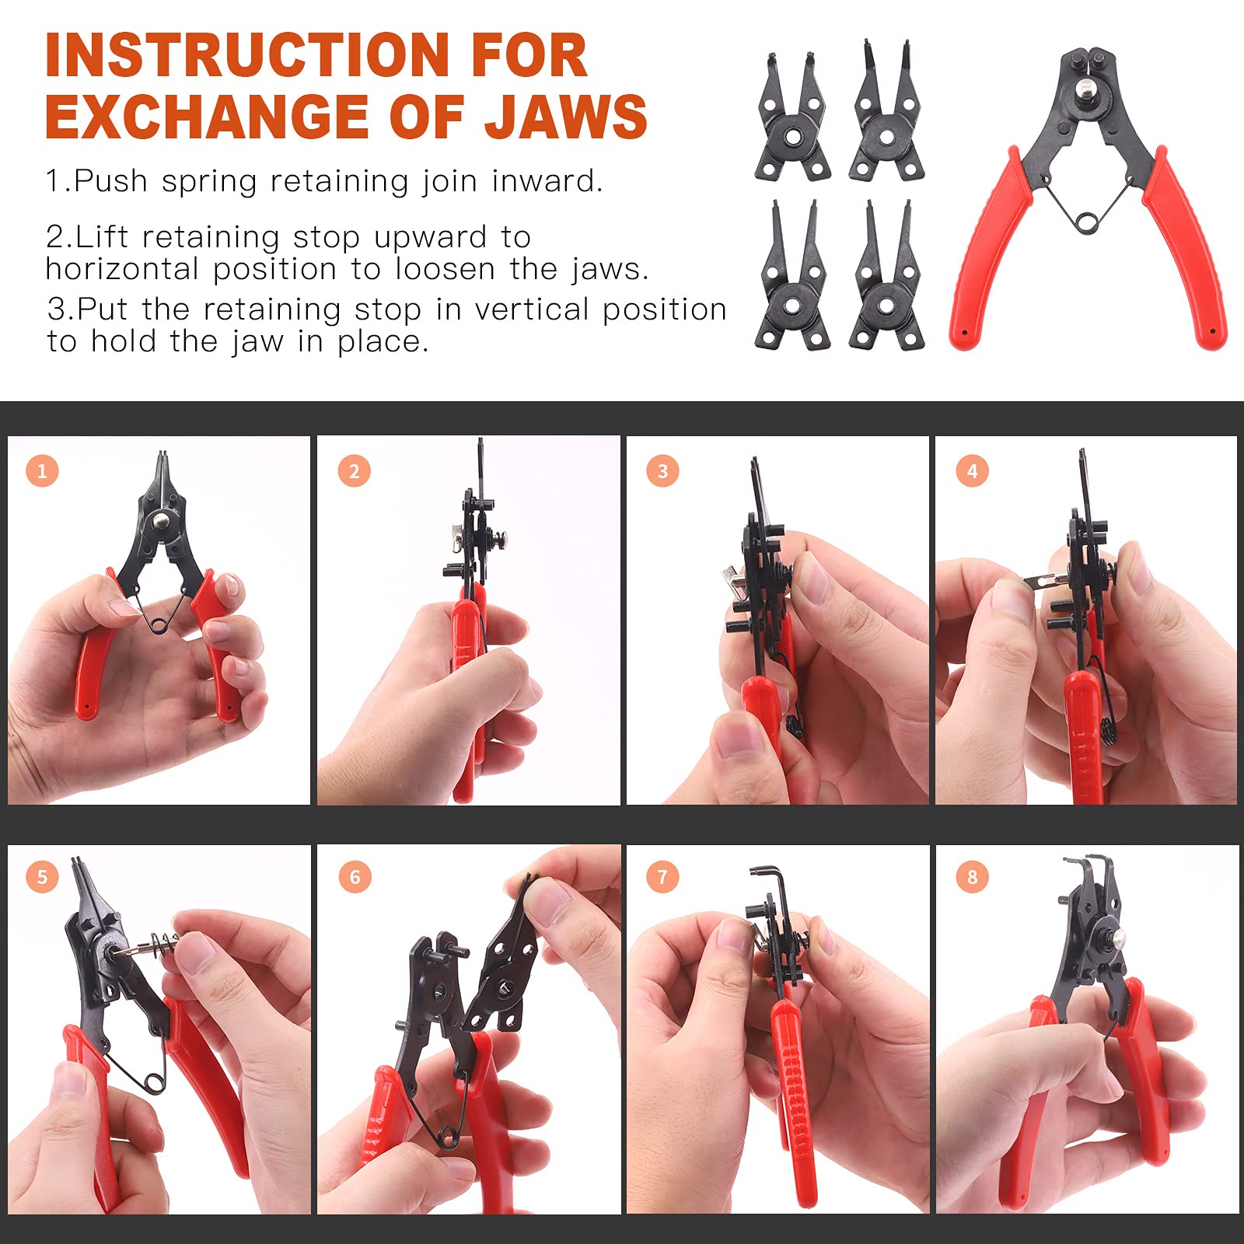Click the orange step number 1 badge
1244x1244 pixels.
[42, 470]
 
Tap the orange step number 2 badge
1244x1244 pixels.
[354, 471]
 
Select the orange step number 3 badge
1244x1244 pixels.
[662, 470]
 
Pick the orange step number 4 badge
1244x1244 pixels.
[972, 470]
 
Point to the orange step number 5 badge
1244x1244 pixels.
[42, 877]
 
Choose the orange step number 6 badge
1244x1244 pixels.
[355, 877]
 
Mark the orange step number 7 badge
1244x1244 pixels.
[662, 877]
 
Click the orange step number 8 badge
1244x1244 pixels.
[972, 877]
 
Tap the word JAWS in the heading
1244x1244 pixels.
[566, 117]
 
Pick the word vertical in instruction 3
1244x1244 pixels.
[532, 309]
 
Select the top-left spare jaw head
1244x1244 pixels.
[791, 117]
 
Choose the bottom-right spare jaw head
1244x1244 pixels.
[886, 274]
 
